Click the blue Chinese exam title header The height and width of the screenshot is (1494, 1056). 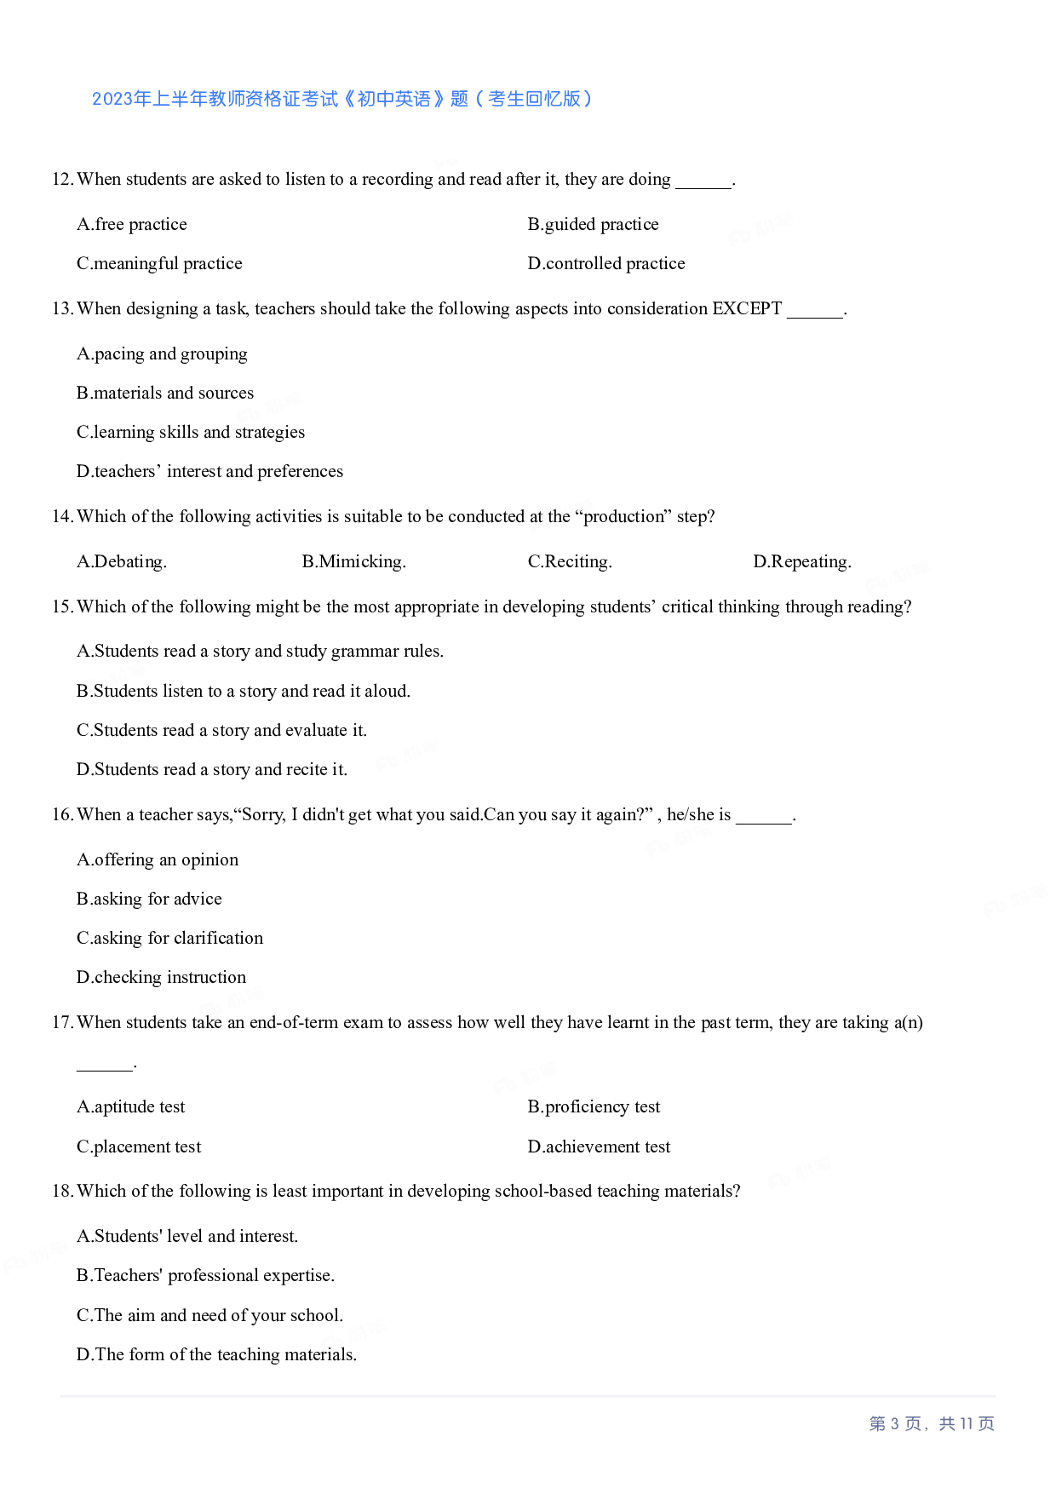click(x=341, y=99)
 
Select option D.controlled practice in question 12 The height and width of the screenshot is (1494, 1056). click(x=605, y=263)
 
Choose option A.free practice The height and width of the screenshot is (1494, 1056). click(x=132, y=224)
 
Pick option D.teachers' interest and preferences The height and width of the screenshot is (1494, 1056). click(x=209, y=471)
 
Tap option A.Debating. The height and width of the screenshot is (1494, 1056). click(x=122, y=561)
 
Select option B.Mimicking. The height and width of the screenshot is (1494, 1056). click(x=353, y=561)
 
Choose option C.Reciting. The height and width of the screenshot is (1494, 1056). click(x=570, y=561)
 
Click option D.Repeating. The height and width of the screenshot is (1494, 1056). click(x=801, y=561)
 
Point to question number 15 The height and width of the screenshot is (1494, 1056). click(x=62, y=606)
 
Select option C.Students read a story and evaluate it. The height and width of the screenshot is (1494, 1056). click(x=221, y=730)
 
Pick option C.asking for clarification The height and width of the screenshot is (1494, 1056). click(x=169, y=938)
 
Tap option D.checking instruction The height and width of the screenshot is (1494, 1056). click(x=161, y=977)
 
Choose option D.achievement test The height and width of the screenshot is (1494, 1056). click(x=599, y=1146)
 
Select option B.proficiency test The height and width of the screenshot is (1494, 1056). click(x=594, y=1106)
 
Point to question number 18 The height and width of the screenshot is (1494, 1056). click(x=62, y=1191)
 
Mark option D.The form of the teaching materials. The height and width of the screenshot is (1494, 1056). click(x=216, y=1354)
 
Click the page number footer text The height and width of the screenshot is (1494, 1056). click(x=931, y=1423)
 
